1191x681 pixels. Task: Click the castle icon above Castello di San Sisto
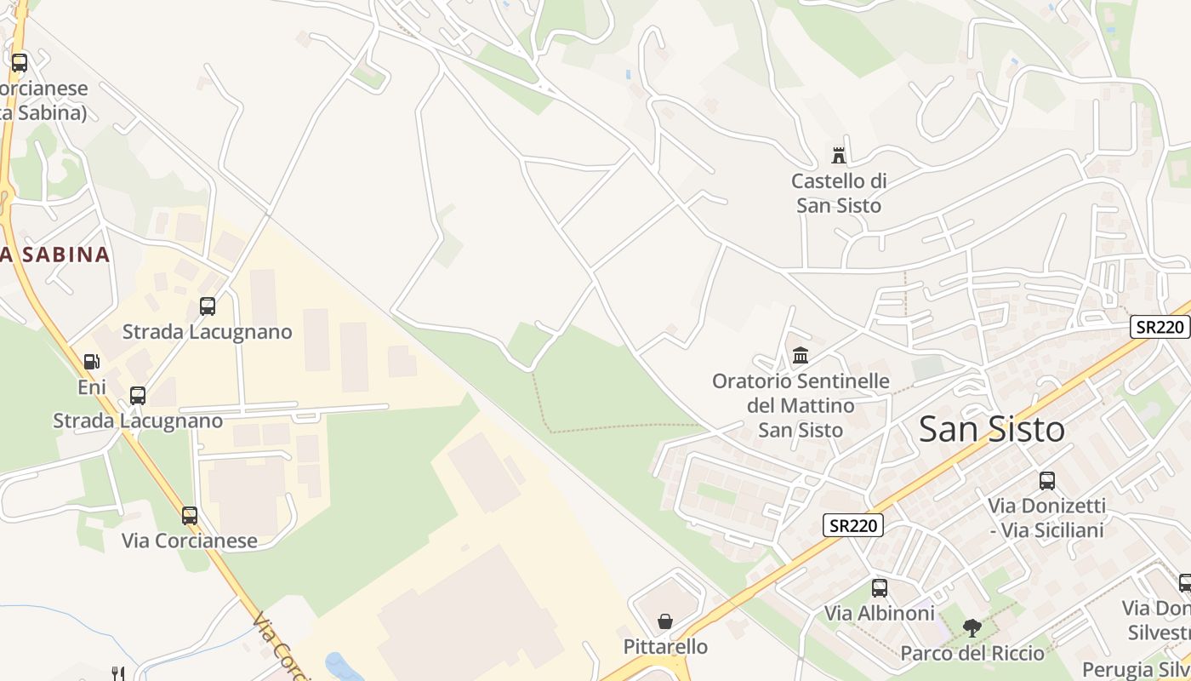coord(839,155)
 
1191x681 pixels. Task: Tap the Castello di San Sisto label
coord(839,193)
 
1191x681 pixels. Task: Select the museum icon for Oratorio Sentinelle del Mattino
coord(801,355)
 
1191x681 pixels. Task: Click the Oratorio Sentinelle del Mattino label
coord(801,405)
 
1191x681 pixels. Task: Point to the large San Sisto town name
coord(992,429)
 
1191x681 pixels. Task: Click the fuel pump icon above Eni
coord(91,362)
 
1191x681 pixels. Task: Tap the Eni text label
coord(92,387)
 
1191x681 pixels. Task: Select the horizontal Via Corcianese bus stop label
coord(189,541)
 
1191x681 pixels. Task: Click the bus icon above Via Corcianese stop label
coord(189,515)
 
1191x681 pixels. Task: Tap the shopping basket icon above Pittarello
coord(665,621)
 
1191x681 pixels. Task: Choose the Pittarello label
coord(665,647)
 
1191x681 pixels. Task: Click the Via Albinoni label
coord(880,613)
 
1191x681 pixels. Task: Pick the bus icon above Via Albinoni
coord(880,587)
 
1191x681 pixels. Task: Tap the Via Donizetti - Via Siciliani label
coord(1046,518)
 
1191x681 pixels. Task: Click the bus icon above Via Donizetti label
coord(1046,480)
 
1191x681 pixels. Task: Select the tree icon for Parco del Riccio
coord(972,628)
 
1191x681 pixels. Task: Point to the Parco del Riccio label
coord(972,654)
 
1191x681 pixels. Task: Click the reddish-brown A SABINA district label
coord(55,254)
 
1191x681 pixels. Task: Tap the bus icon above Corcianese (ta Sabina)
coord(19,62)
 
